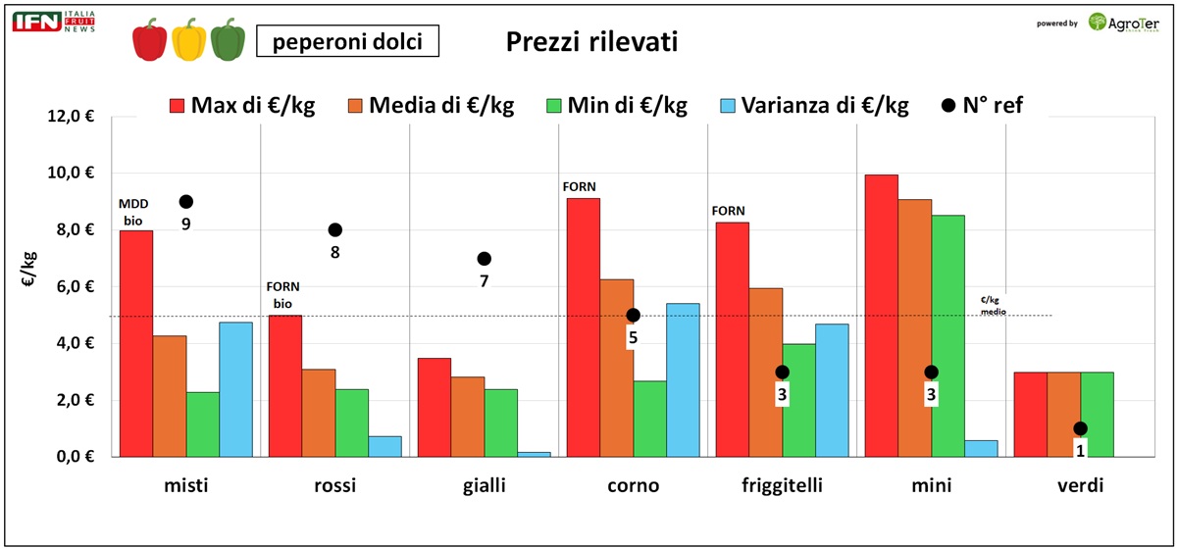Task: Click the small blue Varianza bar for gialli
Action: (535, 453)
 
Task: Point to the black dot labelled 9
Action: (186, 202)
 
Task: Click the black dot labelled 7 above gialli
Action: (484, 259)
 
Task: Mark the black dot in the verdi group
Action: (1080, 428)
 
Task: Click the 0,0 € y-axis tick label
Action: (77, 457)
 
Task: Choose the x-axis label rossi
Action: (334, 486)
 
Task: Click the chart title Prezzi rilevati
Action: (590, 42)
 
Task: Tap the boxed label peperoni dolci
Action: (346, 41)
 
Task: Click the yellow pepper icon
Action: (189, 39)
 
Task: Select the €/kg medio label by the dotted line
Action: (995, 306)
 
